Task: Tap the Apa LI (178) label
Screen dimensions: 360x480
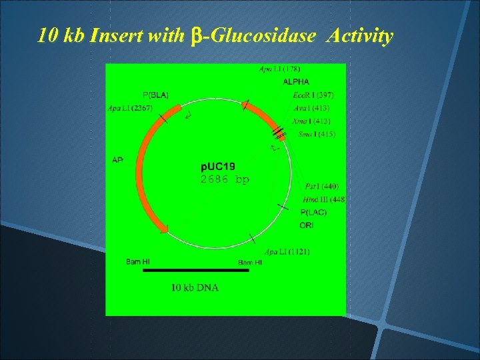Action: coord(279,69)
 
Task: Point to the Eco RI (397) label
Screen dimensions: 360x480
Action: coord(313,95)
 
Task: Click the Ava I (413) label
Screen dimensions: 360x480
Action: coord(311,107)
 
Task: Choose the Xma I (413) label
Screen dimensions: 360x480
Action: coord(311,121)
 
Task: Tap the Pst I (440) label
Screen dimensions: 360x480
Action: coord(321,186)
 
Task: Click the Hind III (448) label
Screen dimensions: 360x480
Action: coord(323,199)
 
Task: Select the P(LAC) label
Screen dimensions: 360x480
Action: coord(313,212)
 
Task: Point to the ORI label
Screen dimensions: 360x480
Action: coord(307,225)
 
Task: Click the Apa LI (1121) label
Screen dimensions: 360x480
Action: coord(287,251)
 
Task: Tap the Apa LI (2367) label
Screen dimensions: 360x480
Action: coord(131,107)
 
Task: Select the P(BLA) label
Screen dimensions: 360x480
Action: coord(156,94)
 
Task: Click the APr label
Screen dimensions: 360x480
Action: coord(117,159)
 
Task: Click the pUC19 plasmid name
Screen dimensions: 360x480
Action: coord(218,166)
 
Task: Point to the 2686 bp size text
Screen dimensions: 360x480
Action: coord(225,179)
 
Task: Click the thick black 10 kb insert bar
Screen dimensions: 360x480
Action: coord(197,271)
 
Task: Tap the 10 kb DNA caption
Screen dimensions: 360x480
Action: coord(195,288)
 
